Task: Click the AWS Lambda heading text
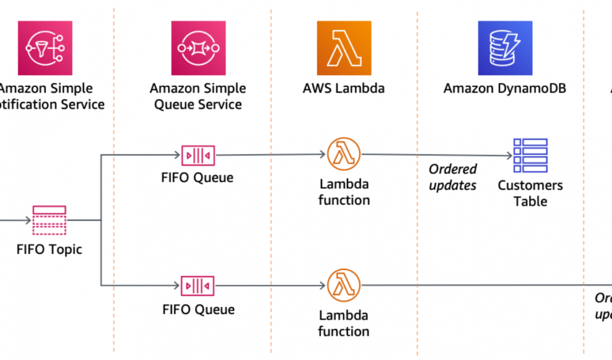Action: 344,89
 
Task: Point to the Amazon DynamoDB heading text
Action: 505,89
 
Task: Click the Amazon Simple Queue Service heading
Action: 198,97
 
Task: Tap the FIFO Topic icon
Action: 49,220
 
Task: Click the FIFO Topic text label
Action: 49,249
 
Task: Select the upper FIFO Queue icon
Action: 198,155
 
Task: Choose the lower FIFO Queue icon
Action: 198,286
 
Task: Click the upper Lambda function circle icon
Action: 344,154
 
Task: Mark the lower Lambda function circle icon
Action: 344,286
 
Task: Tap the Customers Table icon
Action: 530,156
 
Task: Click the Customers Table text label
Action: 530,193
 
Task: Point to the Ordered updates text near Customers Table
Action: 453,178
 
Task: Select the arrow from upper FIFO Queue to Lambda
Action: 270,155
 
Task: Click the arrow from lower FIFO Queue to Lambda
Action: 270,286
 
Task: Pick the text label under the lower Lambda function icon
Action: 344,323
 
